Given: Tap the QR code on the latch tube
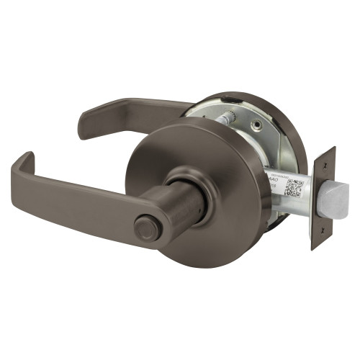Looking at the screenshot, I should coord(294,186).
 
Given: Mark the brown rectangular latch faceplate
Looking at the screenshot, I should coord(323,198).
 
